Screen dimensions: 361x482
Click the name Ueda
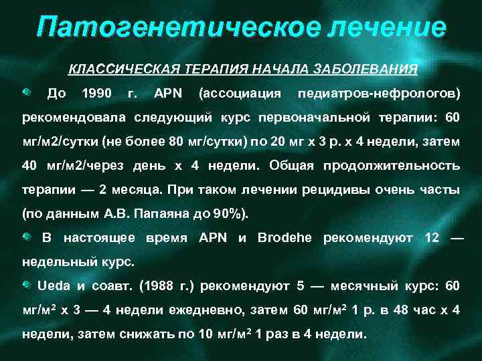(53, 286)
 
